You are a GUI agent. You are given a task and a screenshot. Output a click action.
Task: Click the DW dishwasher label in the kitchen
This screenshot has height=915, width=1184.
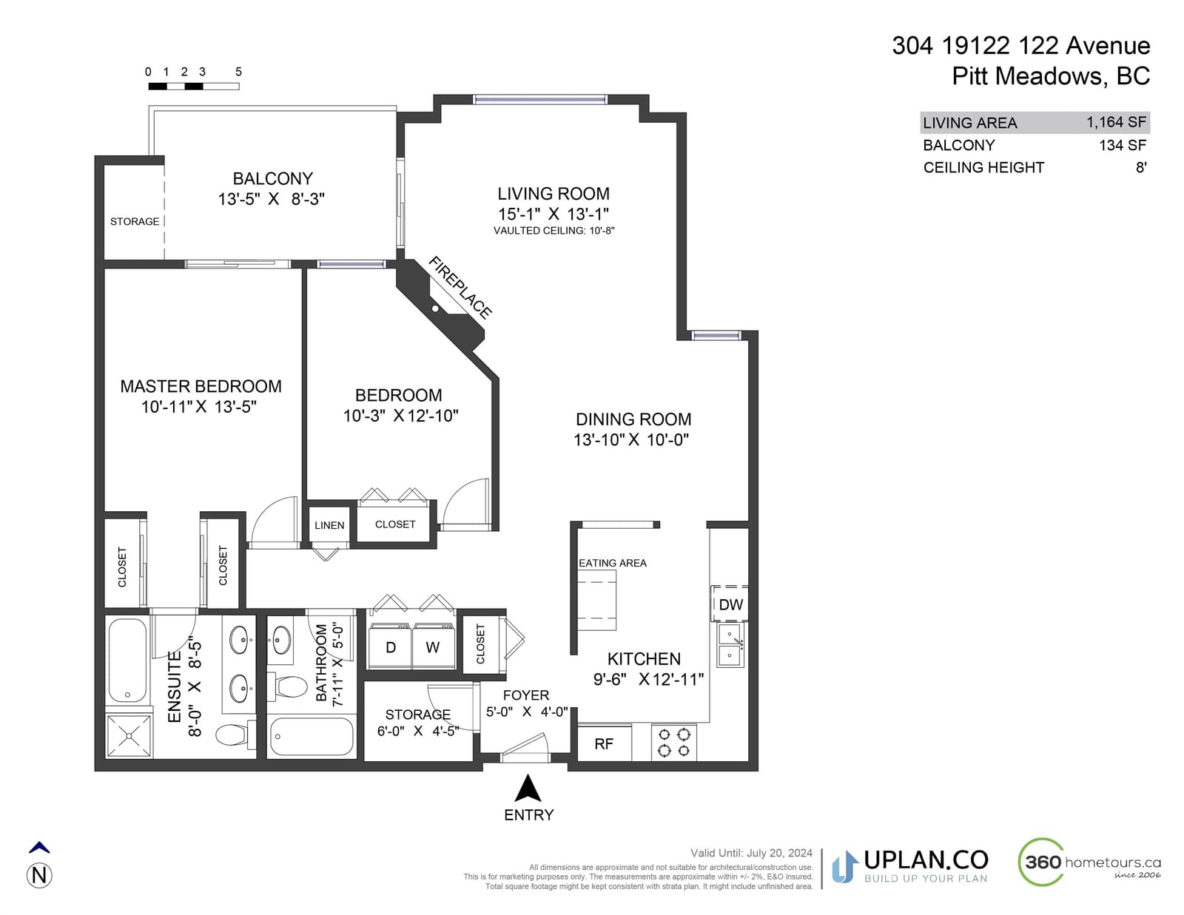[730, 604]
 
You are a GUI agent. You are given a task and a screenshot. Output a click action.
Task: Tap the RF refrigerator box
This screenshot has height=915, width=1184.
[604, 743]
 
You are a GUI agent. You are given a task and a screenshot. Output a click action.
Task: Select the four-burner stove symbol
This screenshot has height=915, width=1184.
[673, 743]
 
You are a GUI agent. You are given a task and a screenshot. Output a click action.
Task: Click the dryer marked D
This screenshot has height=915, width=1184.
[390, 646]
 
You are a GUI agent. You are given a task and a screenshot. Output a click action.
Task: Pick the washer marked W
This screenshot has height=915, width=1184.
[433, 646]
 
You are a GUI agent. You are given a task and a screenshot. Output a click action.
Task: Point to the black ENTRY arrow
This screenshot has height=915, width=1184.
[528, 788]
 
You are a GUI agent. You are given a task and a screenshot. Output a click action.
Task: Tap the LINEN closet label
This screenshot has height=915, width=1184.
[329, 526]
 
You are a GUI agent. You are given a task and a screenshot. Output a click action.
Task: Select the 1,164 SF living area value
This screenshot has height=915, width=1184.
[1116, 122]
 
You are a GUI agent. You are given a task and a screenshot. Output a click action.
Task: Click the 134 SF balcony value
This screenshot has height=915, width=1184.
[1123, 146]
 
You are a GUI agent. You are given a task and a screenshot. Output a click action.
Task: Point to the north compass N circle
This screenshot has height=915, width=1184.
[39, 876]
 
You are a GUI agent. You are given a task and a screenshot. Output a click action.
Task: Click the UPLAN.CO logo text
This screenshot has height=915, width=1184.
[926, 860]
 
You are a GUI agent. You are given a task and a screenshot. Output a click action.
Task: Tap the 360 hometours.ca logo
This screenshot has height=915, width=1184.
[1089, 862]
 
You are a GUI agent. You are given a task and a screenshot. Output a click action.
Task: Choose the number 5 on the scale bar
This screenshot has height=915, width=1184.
[239, 72]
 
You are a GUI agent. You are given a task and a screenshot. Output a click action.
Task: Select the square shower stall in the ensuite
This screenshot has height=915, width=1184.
[129, 736]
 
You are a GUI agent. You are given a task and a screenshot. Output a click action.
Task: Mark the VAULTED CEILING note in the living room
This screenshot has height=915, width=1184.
[554, 231]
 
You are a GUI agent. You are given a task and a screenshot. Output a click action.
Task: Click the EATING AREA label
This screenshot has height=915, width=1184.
[613, 563]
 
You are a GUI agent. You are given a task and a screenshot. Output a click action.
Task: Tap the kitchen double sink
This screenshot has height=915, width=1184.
[730, 646]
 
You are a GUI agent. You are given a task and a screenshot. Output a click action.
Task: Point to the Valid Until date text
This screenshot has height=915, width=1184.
[751, 853]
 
